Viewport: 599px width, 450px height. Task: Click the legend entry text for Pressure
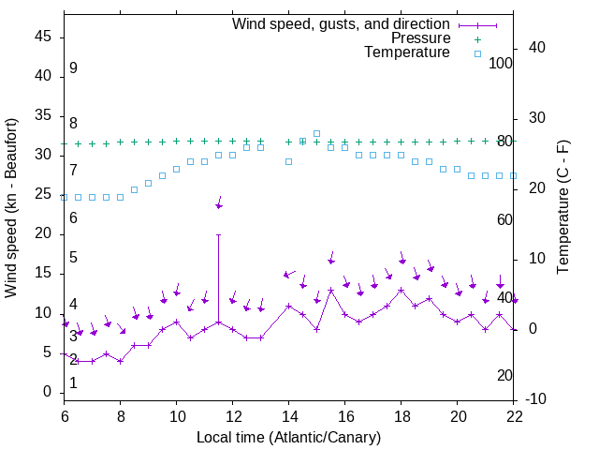[421, 38]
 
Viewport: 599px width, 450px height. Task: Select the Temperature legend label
[407, 52]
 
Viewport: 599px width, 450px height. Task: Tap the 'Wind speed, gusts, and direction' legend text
[342, 23]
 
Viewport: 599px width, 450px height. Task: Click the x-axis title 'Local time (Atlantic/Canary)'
[288, 437]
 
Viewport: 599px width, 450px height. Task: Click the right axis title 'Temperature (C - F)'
[562, 208]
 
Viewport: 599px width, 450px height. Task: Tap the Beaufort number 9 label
[73, 68]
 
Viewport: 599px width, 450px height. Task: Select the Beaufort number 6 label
[73, 217]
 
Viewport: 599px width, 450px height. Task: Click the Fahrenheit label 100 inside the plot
[502, 63]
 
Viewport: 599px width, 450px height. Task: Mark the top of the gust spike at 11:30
[219, 234]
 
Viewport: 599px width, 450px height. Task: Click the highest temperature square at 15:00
[317, 133]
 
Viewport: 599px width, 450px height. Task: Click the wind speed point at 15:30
[331, 291]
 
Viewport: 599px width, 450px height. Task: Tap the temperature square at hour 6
[65, 197]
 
